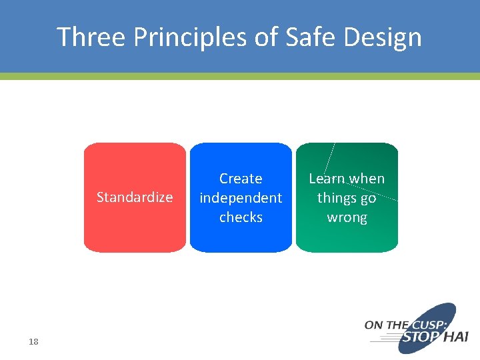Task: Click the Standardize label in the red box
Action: tap(135, 197)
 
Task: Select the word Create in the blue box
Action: tap(241, 179)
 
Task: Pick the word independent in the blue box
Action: tap(241, 198)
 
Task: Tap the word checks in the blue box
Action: tap(241, 217)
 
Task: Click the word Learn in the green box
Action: tap(326, 179)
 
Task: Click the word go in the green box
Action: tap(368, 199)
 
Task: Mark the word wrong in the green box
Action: tap(347, 218)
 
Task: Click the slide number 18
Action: tap(33, 342)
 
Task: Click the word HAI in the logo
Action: tap(455, 337)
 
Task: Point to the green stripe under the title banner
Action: tap(240, 76)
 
